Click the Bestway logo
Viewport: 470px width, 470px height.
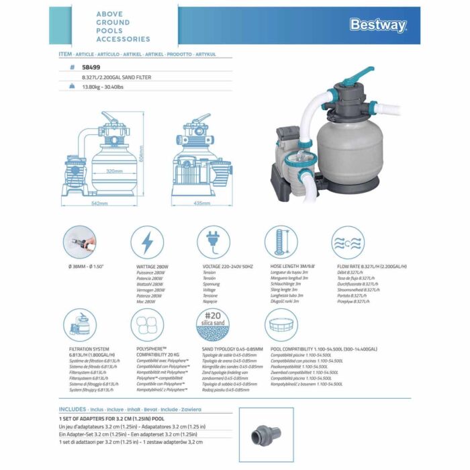click(x=378, y=26)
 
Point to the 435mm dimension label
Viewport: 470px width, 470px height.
click(x=202, y=202)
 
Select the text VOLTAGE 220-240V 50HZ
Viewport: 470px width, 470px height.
click(x=228, y=267)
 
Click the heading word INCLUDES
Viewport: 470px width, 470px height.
click(x=73, y=408)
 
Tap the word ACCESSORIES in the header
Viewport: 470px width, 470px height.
click(x=124, y=40)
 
